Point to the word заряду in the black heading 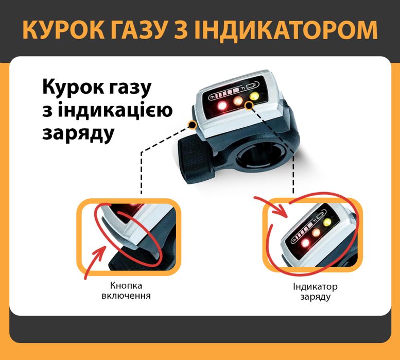(x=78, y=133)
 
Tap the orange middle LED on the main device (x=238, y=101)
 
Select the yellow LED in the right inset (x=328, y=223)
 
